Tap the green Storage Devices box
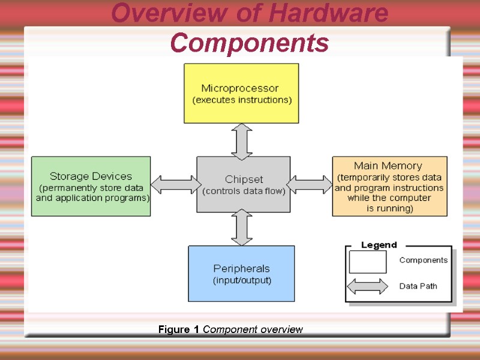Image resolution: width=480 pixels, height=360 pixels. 91,186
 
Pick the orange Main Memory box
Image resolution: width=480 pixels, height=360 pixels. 389,186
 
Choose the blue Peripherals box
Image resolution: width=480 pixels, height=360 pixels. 241,273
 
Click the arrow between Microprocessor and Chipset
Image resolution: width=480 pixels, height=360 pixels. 242,142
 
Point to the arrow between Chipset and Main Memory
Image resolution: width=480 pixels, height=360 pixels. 310,184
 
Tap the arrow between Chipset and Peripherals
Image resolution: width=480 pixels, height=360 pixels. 242,227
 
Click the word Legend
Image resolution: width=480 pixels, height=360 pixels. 379,245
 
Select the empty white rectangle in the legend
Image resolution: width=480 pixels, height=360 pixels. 367,262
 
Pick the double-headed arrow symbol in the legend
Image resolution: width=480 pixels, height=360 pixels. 367,286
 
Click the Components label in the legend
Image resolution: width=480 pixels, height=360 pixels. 423,260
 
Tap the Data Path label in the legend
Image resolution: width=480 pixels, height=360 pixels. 418,286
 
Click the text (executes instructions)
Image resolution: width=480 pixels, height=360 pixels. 241,100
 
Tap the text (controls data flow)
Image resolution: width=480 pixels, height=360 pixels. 244,191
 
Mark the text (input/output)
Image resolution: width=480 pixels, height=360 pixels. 242,280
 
